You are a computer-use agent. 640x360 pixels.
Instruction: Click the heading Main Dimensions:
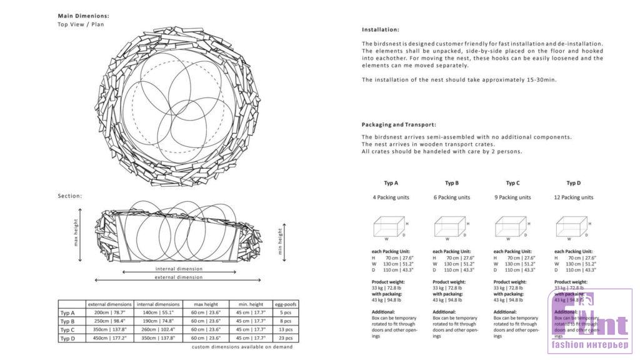(83, 16)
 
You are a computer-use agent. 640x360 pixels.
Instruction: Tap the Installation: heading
(380, 29)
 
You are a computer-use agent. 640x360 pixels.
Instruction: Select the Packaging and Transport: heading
(399, 124)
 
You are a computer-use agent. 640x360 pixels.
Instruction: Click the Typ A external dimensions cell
(109, 312)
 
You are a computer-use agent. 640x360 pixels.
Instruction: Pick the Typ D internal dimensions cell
(158, 337)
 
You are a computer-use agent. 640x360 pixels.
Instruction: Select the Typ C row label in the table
(67, 329)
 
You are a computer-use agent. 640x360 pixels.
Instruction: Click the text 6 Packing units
(451, 197)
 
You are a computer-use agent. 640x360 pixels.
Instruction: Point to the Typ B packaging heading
(452, 183)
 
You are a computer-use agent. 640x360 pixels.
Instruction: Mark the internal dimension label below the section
(178, 269)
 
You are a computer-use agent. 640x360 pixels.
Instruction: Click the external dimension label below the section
(178, 277)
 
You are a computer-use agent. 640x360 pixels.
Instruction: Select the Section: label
(70, 196)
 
